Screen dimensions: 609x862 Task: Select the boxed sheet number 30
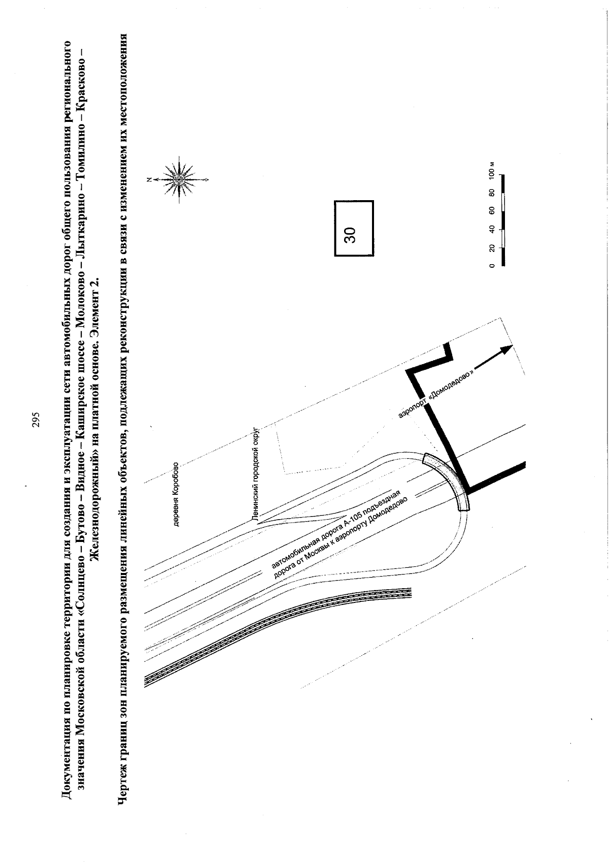point(354,228)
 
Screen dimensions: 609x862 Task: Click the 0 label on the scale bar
point(492,265)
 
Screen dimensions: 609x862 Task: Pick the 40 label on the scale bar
point(492,229)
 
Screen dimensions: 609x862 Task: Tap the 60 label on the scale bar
point(492,210)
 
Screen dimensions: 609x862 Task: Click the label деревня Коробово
point(176,494)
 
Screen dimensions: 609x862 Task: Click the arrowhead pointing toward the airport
point(507,348)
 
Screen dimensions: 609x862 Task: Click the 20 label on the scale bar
point(492,247)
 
